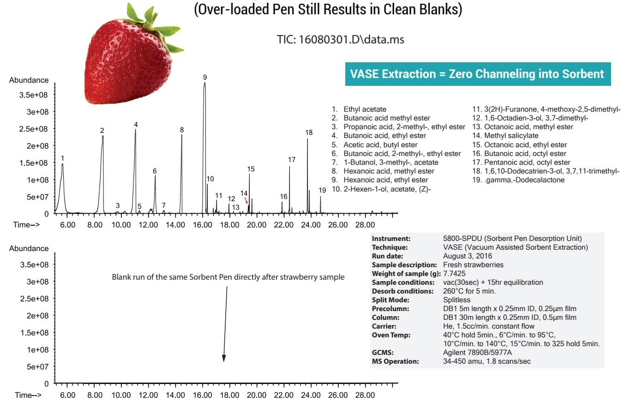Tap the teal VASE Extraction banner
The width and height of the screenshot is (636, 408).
coord(477,74)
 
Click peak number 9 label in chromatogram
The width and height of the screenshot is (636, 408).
coord(205,77)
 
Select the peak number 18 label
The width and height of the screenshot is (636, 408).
coord(309,132)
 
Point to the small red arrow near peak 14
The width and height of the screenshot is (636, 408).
coord(246,200)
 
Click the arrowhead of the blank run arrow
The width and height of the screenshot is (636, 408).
coord(224,358)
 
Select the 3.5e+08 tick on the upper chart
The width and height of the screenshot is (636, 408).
coord(34,95)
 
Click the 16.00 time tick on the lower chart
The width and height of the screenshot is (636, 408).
coord(203,395)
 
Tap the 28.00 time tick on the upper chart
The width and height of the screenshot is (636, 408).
coord(365,225)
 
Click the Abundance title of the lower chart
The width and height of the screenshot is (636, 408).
coord(29,248)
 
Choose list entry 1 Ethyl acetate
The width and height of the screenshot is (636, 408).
coord(365,109)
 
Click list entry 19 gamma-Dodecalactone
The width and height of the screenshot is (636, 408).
coord(524,180)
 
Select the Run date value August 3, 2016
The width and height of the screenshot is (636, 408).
coord(467,256)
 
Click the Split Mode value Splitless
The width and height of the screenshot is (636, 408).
coord(456,300)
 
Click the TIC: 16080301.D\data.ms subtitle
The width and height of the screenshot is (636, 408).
coord(340,40)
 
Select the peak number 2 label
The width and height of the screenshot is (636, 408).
coord(102,131)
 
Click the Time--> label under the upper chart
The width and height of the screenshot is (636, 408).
coord(26,225)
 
